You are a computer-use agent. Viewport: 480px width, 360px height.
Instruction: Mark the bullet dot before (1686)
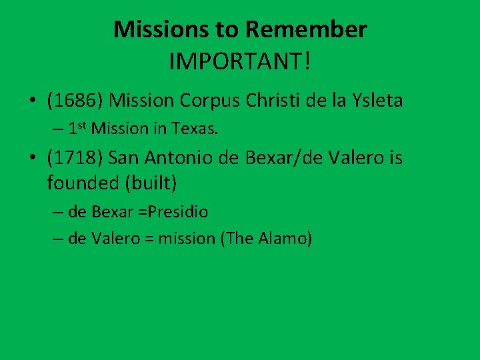pyautogui.click(x=32, y=102)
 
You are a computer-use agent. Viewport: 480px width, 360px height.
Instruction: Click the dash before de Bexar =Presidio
pyautogui.click(x=58, y=213)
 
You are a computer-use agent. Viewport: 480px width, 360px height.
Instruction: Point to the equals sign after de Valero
pyautogui.click(x=150, y=239)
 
